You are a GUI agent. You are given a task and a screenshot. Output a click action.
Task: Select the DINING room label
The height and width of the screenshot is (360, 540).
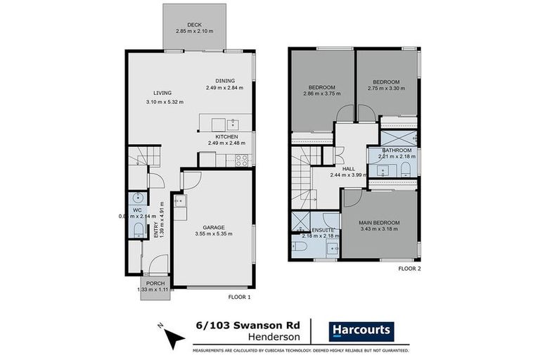tap(225, 80)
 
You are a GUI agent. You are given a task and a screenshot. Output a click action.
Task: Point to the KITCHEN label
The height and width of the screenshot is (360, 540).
tap(226, 136)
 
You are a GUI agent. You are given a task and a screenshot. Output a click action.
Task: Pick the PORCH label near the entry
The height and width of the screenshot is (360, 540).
tap(155, 283)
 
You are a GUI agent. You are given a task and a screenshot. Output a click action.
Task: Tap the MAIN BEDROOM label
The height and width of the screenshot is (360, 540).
tap(380, 223)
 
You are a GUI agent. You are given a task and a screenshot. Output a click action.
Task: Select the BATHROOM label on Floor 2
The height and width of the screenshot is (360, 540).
tap(397, 150)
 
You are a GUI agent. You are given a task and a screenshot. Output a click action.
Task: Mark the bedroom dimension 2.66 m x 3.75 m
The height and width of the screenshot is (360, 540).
tap(321, 94)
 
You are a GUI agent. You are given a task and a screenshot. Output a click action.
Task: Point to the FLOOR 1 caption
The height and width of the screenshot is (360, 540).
tap(239, 297)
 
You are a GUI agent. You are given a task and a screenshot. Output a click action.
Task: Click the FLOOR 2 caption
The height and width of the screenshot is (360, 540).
tap(409, 269)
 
